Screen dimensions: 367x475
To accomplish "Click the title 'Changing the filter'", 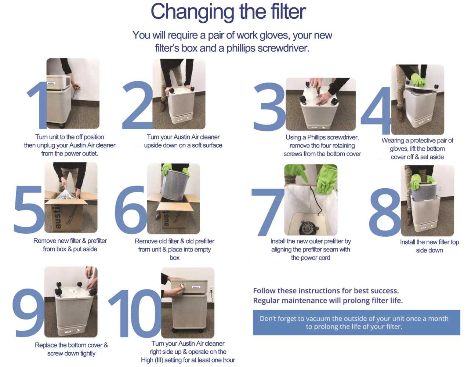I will click(228, 12).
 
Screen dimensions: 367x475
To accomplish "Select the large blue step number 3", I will click(269, 107).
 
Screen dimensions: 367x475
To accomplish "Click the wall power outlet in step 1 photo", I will click(78, 86).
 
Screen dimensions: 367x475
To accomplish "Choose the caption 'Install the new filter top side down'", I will click(429, 246).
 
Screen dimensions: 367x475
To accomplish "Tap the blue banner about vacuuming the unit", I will click(356, 323).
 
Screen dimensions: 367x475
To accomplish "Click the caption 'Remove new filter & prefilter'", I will click(70, 241).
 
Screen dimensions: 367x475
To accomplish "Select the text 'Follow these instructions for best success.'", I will click(326, 291).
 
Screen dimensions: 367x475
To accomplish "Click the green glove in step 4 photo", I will click(418, 80).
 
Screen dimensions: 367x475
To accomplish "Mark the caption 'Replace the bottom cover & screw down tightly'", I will click(71, 349).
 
